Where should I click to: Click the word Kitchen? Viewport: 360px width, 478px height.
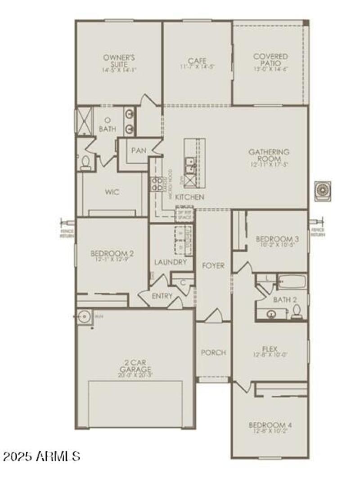pyautogui.click(x=189, y=197)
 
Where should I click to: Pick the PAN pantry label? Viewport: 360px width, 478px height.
pyautogui.click(x=139, y=151)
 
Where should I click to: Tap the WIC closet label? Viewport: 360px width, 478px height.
pyautogui.click(x=112, y=192)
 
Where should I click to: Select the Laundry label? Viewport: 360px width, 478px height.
pyautogui.click(x=170, y=262)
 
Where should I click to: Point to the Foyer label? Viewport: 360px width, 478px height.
pyautogui.click(x=213, y=266)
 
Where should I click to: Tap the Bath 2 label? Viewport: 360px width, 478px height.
pyautogui.click(x=284, y=299)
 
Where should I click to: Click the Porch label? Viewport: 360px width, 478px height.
pyautogui.click(x=213, y=353)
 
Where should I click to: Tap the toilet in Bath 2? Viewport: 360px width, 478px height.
pyautogui.click(x=297, y=312)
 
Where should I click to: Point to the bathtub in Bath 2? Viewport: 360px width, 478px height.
pyautogui.click(x=292, y=282)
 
